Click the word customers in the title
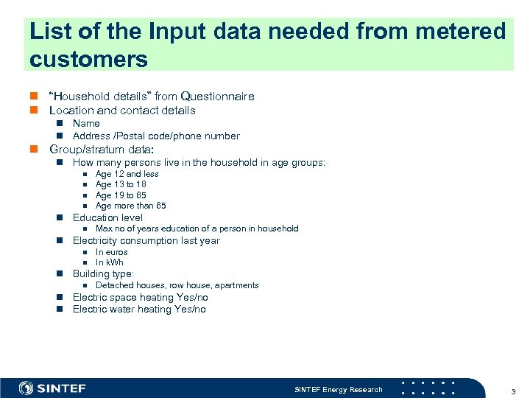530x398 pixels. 89,58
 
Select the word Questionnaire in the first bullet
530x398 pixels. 217,96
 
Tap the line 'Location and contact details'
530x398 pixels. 122,111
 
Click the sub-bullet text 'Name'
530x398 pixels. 86,123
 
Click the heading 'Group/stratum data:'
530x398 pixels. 102,149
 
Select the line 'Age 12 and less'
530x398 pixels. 127,174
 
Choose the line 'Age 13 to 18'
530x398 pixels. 121,184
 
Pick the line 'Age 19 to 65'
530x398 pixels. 121,195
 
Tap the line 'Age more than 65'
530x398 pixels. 131,206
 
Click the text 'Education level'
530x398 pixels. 107,217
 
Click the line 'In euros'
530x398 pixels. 112,252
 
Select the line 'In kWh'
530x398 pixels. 110,262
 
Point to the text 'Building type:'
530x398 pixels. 103,273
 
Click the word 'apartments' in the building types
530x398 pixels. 236,285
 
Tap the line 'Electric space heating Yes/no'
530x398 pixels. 140,298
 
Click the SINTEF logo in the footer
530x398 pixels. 53,388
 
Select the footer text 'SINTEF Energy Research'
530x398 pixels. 339,389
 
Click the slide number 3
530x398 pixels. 512,390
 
